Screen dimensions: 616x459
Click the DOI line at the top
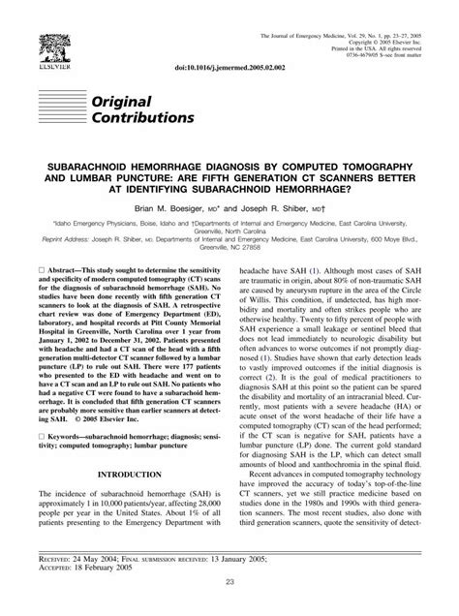(x=225, y=71)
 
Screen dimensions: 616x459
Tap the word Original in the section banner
(x=123, y=101)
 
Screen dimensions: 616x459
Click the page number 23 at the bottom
(x=229, y=580)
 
